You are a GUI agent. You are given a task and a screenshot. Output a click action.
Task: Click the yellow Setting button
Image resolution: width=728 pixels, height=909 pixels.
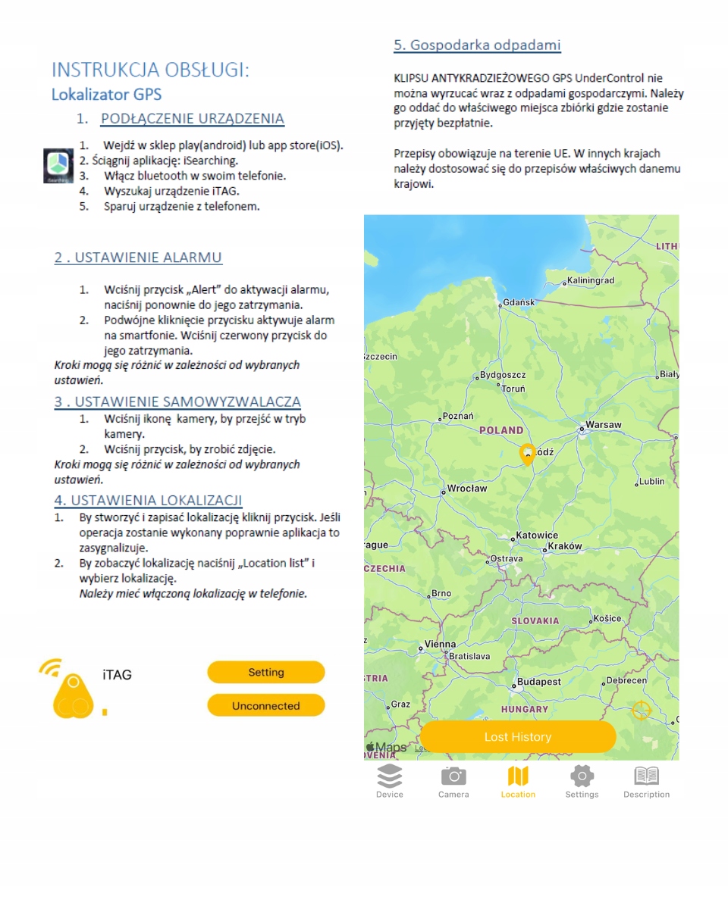click(x=265, y=672)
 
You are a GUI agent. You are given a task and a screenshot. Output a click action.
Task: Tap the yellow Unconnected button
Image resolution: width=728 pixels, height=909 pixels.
click(x=265, y=705)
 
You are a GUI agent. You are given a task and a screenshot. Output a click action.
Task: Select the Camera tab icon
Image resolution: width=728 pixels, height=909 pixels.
click(x=453, y=776)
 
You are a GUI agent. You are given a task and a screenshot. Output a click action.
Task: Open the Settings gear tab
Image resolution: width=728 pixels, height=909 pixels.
click(x=582, y=776)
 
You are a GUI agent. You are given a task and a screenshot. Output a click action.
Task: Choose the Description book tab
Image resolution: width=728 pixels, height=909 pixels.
click(x=646, y=776)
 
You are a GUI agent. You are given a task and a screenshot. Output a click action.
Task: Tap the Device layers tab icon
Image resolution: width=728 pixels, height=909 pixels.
click(x=390, y=776)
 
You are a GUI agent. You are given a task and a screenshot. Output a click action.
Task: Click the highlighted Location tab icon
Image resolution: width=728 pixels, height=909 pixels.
click(x=518, y=776)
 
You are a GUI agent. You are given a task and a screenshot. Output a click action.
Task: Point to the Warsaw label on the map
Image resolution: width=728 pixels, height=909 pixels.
click(x=604, y=425)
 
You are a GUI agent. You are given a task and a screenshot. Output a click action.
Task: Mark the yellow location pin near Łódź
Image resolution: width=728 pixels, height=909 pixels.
click(x=527, y=454)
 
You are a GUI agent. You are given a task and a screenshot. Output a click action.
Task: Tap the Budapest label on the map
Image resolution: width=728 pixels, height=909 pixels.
click(x=538, y=682)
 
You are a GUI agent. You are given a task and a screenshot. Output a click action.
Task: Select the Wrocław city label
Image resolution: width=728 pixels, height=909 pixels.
click(x=466, y=489)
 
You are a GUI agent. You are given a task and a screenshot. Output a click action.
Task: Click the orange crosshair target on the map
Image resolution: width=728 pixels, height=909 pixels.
click(x=642, y=711)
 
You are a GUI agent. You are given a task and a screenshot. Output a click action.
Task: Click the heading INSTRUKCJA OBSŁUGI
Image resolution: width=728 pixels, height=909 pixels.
click(x=150, y=70)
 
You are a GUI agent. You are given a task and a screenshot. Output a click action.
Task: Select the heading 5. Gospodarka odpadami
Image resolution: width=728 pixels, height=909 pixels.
click(x=477, y=45)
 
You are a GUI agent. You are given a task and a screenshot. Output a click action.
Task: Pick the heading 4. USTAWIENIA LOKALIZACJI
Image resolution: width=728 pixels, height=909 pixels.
click(x=148, y=500)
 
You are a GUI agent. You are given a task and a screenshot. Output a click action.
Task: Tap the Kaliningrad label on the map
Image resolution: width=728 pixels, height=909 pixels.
click(x=591, y=280)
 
